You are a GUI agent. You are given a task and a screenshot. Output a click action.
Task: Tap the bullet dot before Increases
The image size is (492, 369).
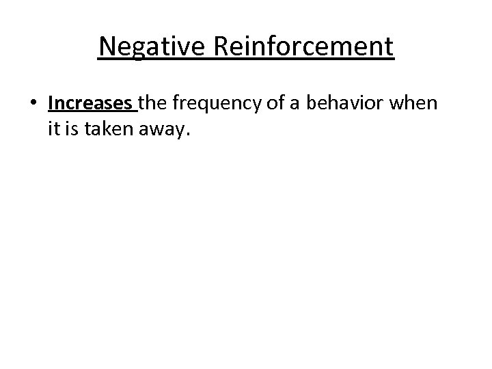33,104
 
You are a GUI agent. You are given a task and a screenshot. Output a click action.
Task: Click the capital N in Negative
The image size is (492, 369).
107,47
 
